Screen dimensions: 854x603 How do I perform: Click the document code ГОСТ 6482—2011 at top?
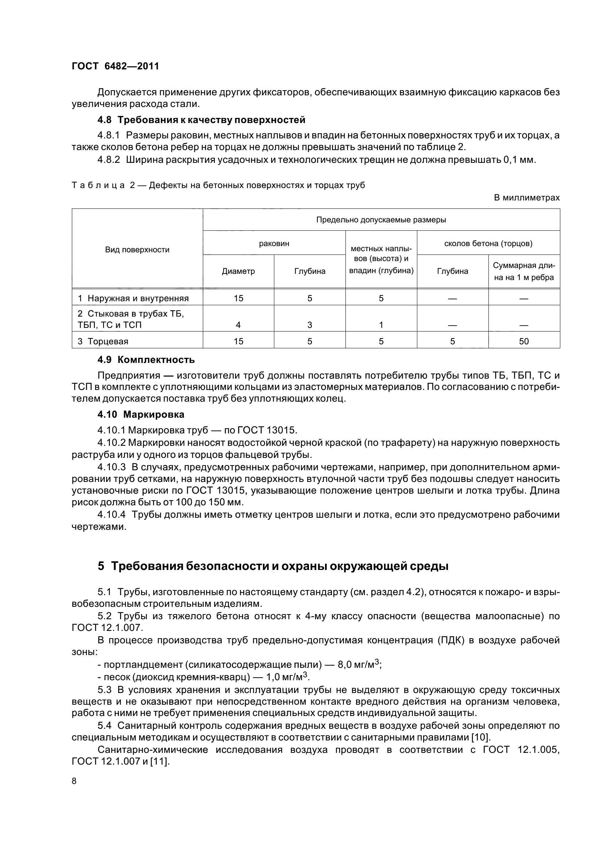tap(115, 66)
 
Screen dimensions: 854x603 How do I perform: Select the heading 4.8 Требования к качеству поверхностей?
tap(201, 120)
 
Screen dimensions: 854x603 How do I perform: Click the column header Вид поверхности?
tap(137, 250)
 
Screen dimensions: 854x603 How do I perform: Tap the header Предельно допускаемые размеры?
tap(381, 220)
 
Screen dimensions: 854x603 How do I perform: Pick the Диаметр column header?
tap(238, 271)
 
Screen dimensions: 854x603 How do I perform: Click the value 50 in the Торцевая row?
tap(523, 341)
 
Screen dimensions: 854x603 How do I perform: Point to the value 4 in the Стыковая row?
tap(238, 325)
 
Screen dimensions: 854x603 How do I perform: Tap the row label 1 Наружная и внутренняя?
tap(133, 298)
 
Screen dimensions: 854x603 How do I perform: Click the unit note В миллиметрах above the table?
tap(526, 198)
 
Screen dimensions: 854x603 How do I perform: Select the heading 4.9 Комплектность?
tap(146, 360)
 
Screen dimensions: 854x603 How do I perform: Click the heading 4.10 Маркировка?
tap(140, 414)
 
